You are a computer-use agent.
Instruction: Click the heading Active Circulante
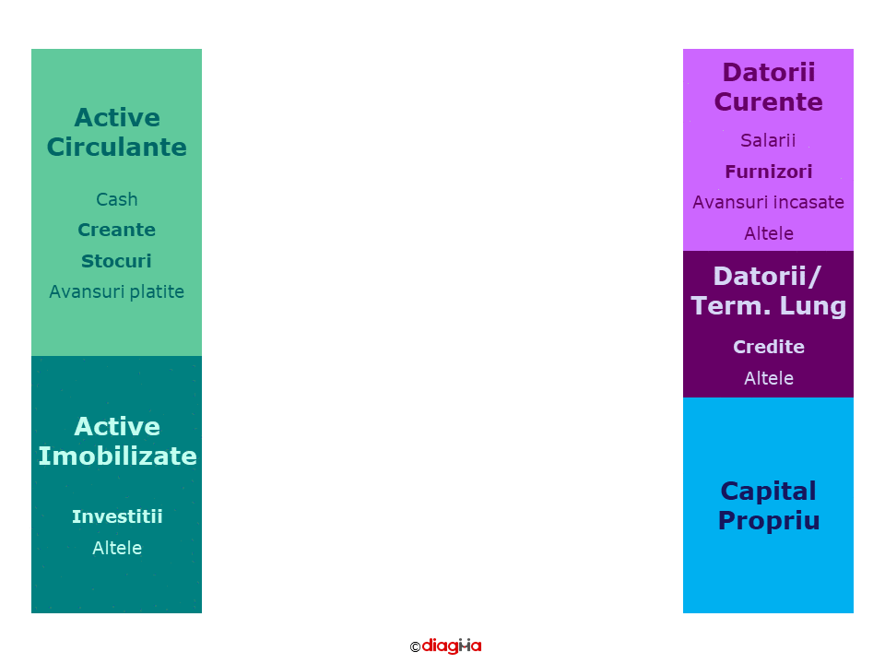pyautogui.click(x=117, y=133)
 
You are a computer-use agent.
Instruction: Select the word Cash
pyautogui.click(x=117, y=199)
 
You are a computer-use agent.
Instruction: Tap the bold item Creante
pyautogui.click(x=117, y=230)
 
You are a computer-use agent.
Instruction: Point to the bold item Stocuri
pyautogui.click(x=117, y=261)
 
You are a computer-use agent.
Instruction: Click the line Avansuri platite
pyautogui.click(x=117, y=291)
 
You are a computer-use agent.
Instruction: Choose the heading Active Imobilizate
pyautogui.click(x=117, y=442)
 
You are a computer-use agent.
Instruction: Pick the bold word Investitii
pyautogui.click(x=117, y=516)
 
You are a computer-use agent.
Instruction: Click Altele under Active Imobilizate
pyautogui.click(x=117, y=548)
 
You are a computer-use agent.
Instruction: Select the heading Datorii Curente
pyautogui.click(x=769, y=87)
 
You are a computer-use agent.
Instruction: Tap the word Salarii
pyautogui.click(x=768, y=140)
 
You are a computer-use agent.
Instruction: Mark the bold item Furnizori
pyautogui.click(x=769, y=172)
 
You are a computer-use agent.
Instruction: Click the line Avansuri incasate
pyautogui.click(x=769, y=202)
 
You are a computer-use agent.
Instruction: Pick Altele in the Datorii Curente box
pyautogui.click(x=769, y=233)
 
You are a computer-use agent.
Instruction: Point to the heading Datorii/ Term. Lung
pyautogui.click(x=769, y=291)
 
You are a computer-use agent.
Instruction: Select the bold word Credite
pyautogui.click(x=769, y=347)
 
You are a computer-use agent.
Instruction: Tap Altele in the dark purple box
pyautogui.click(x=769, y=378)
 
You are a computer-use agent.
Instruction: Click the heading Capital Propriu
pyautogui.click(x=769, y=506)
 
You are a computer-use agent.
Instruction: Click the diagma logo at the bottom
pyautogui.click(x=452, y=646)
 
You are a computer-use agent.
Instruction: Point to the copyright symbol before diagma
pyautogui.click(x=415, y=647)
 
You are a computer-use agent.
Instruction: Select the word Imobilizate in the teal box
pyautogui.click(x=117, y=456)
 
